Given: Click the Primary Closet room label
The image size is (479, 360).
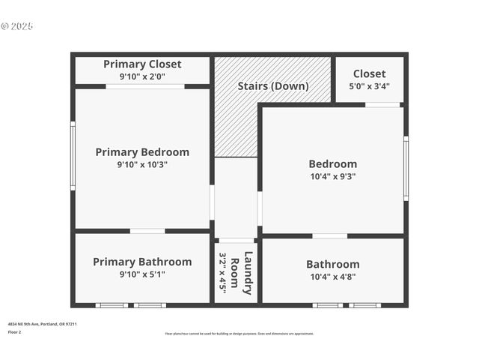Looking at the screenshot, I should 142,64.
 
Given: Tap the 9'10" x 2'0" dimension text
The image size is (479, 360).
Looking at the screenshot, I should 142,76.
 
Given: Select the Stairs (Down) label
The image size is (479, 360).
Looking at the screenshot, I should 273,85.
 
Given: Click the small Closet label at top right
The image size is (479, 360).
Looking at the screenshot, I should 369,73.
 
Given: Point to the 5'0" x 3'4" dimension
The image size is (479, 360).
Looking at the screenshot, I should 369,86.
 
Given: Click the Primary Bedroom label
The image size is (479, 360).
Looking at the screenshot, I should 142,151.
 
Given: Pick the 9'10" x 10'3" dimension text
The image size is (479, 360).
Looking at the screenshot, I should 142,164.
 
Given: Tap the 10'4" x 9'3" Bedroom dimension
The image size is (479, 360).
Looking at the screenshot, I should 332,177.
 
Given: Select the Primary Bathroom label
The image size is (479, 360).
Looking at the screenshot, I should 142,262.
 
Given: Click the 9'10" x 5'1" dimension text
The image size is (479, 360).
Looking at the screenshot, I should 142,274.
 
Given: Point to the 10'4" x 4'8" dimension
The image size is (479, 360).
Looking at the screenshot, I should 332,277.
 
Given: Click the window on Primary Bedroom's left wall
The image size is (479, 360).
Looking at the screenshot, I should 73,155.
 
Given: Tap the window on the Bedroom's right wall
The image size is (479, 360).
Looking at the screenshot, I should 406,168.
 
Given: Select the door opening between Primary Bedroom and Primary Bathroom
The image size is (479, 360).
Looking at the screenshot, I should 147,231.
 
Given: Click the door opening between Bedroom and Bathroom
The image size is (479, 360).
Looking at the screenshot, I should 329,235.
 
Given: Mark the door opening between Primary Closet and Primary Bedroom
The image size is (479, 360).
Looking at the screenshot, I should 144,87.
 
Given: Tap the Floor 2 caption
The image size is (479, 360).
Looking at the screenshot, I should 15,331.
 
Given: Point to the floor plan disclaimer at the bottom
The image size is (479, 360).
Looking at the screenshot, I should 239,334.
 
